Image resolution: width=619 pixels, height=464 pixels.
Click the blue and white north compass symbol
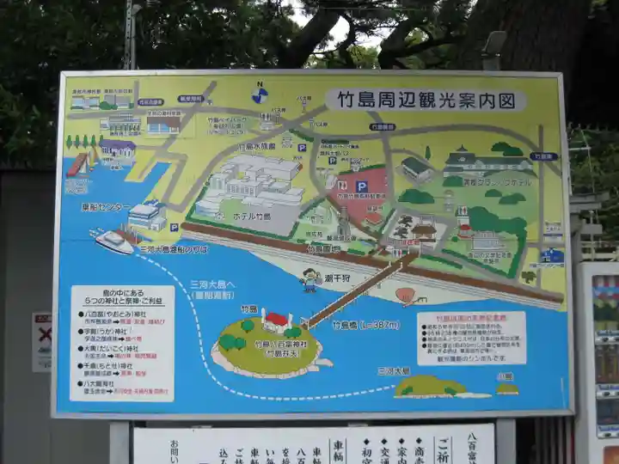pyautogui.click(x=260, y=94)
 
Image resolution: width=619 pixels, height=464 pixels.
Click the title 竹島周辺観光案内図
pyautogui.click(x=426, y=100)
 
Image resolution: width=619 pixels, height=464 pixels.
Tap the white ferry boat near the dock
pyautogui.click(x=115, y=241)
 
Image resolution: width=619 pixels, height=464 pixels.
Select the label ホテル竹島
pyautogui.click(x=253, y=217)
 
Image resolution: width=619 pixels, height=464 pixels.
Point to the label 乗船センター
pyautogui.click(x=106, y=207)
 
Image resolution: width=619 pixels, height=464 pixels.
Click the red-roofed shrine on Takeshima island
pyautogui.click(x=276, y=321)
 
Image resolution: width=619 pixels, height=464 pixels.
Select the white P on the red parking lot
pyautogui.click(x=362, y=186)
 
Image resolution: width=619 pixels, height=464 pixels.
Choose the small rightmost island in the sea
pyautogui.click(x=506, y=388)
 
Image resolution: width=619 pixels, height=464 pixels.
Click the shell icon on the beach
pyautogui.click(x=405, y=296)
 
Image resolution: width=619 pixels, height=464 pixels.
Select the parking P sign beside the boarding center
pyautogui.click(x=175, y=228)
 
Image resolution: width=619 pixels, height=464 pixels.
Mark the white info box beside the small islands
pyautogui.click(x=471, y=338)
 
